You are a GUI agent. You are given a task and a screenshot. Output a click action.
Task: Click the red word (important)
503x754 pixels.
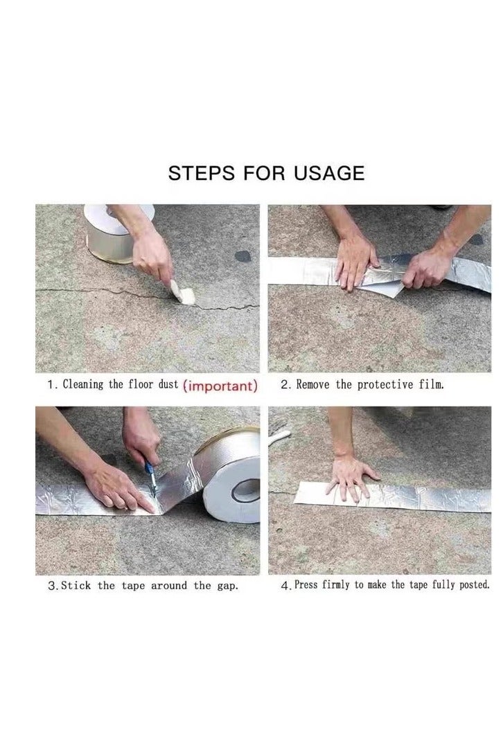[220, 386]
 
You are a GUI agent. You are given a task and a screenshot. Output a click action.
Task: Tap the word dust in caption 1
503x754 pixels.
[168, 385]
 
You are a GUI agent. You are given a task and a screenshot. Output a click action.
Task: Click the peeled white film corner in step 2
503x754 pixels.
[385, 289]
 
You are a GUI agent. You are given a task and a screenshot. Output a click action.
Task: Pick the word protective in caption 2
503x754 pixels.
[384, 385]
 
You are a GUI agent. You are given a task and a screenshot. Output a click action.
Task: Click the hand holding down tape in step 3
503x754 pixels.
[118, 489]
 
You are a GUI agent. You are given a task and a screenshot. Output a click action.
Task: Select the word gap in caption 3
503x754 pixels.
[228, 586]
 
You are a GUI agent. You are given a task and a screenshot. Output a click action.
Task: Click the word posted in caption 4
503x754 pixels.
[473, 585]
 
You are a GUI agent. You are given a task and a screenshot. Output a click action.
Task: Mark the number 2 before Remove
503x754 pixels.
[285, 385]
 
